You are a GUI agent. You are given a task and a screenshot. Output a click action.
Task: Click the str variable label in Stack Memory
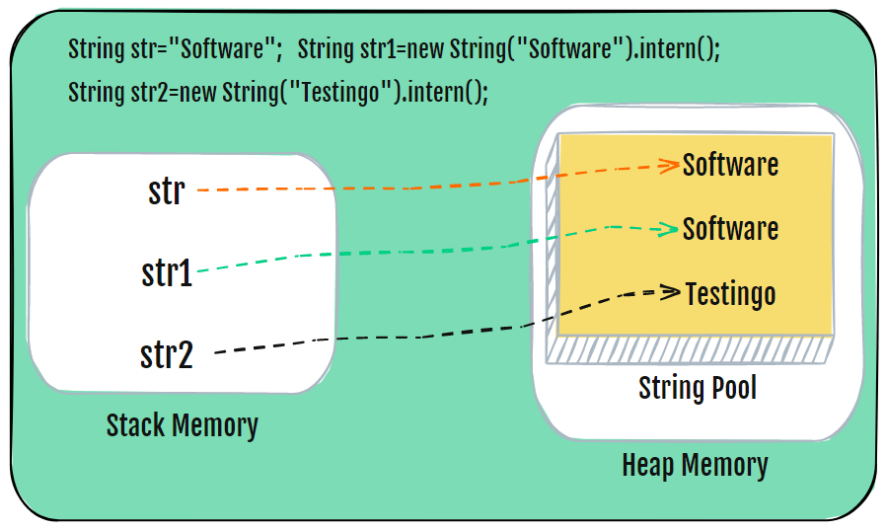[166, 190]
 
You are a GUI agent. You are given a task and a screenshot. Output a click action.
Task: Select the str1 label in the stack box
[167, 272]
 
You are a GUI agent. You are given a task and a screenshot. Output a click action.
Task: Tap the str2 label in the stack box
[167, 354]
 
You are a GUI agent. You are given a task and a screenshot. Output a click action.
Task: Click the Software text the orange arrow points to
[730, 165]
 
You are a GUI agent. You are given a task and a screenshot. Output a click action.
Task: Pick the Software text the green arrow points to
[730, 228]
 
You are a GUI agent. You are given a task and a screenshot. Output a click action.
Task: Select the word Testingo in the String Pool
[731, 295]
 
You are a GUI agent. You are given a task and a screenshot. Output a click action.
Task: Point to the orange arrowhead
[669, 165]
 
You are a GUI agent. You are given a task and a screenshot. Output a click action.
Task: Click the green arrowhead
[666, 229]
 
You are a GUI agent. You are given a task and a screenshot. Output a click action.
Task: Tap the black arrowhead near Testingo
[670, 292]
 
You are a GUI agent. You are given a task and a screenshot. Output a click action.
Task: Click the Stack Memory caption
[182, 425]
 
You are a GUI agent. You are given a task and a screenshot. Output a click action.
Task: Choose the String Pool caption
[698, 388]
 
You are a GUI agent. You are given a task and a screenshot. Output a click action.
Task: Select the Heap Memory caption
[695, 466]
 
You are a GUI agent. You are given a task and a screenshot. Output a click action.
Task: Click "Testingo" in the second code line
[340, 91]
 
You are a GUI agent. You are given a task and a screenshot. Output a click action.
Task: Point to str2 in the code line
[150, 92]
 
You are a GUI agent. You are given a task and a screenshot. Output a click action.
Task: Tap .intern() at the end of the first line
[676, 49]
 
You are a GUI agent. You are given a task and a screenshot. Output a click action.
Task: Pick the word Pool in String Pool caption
[731, 387]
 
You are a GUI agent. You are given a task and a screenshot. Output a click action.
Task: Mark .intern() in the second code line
[444, 92]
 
